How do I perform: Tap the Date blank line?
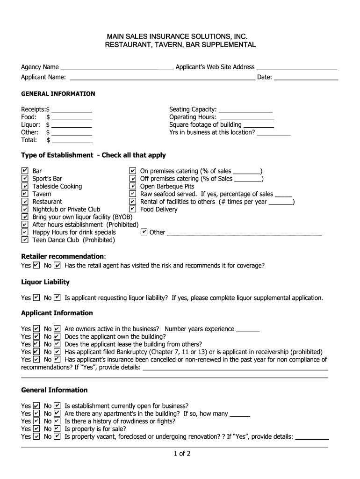306,77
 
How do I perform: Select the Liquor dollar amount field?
72,124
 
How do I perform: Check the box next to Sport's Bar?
25,179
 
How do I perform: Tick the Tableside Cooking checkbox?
25,186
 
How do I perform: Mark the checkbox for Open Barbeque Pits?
133,186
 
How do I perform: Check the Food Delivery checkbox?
133,209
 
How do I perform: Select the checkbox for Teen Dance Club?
25,240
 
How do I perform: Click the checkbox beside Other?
144,232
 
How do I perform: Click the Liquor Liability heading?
45,282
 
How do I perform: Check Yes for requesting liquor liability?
36,298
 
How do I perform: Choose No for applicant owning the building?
57,336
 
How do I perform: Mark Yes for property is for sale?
36,428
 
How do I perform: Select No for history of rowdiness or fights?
57,421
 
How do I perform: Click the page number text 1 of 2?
180,453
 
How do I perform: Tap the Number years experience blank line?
248,329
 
